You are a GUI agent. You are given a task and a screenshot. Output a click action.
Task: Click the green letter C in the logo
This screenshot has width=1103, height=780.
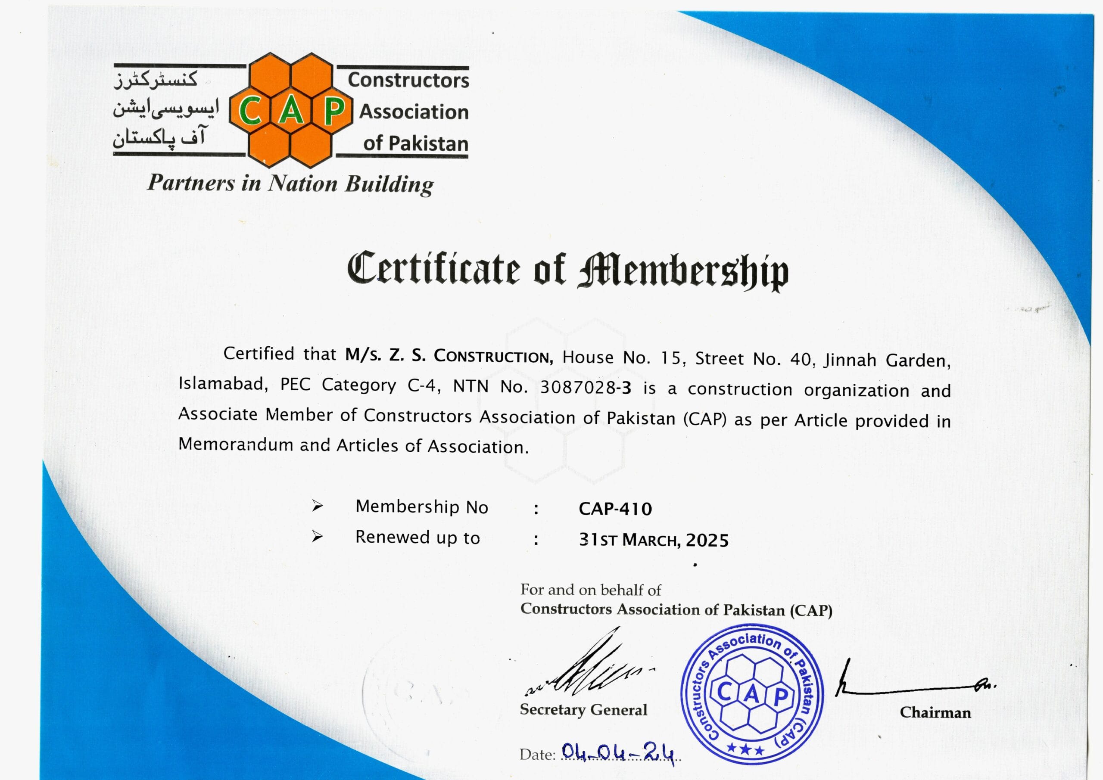[x=250, y=111]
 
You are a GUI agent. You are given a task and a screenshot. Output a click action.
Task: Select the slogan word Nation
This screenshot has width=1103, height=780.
[x=302, y=183]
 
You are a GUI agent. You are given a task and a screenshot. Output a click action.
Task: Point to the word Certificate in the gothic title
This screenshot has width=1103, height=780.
[x=433, y=267]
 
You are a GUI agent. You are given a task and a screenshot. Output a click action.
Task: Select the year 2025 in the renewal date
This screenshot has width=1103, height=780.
[x=707, y=541]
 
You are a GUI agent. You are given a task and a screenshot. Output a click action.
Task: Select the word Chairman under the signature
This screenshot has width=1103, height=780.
[x=935, y=713]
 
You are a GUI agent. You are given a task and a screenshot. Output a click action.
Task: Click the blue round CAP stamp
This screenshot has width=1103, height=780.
[x=752, y=694]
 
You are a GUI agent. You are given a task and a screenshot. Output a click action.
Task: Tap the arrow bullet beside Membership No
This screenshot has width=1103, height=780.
[x=317, y=506]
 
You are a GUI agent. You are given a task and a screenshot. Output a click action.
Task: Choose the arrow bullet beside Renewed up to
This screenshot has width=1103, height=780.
[x=317, y=537]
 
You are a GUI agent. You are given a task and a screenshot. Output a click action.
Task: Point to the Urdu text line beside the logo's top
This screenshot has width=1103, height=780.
[x=156, y=79]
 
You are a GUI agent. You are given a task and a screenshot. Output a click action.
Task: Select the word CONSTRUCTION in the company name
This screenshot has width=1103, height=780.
[x=493, y=356]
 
